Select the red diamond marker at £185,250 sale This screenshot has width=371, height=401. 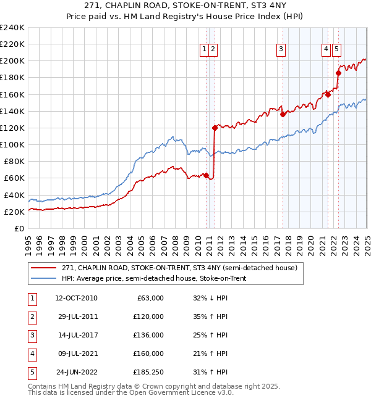(338, 73)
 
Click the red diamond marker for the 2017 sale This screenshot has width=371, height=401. (283, 114)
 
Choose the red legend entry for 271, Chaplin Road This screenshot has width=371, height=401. (180, 268)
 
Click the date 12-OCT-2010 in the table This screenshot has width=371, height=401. (76, 298)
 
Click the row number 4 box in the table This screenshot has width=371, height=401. (31, 353)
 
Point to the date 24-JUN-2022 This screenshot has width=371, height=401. (76, 372)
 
